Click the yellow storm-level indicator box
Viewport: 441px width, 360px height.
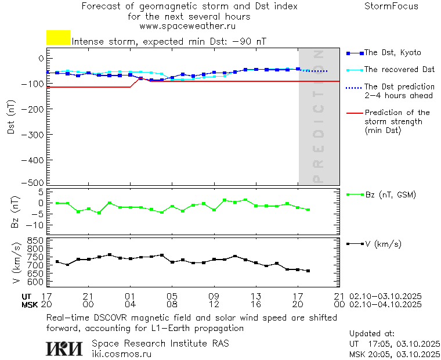coord(58,38)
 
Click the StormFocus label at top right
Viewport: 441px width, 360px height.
coord(391,6)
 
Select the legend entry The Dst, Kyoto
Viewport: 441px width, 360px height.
coord(392,53)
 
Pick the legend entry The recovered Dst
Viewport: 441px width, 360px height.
coord(399,70)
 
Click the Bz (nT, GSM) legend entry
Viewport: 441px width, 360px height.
coord(390,195)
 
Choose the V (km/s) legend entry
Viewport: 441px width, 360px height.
coord(382,244)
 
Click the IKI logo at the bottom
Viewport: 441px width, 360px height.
coord(64,348)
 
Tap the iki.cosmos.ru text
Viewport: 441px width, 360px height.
coord(121,353)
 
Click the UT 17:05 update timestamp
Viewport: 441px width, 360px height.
coord(395,343)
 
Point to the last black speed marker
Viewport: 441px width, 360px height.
coord(308,271)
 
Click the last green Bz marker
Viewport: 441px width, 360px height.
coord(308,210)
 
